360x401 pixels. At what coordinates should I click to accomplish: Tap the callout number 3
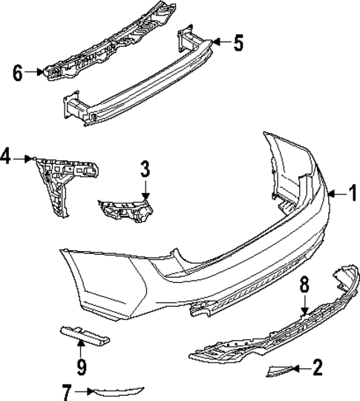pyautogui.click(x=145, y=170)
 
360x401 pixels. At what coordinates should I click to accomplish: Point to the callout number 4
pyautogui.click(x=7, y=157)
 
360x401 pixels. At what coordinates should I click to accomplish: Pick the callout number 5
pyautogui.click(x=238, y=43)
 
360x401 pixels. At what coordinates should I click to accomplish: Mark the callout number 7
pyautogui.click(x=67, y=391)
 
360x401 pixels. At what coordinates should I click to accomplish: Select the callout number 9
pyautogui.click(x=81, y=366)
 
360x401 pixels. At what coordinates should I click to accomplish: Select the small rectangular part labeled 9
pyautogui.click(x=82, y=337)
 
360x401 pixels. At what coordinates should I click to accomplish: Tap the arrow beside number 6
pyautogui.click(x=35, y=72)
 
